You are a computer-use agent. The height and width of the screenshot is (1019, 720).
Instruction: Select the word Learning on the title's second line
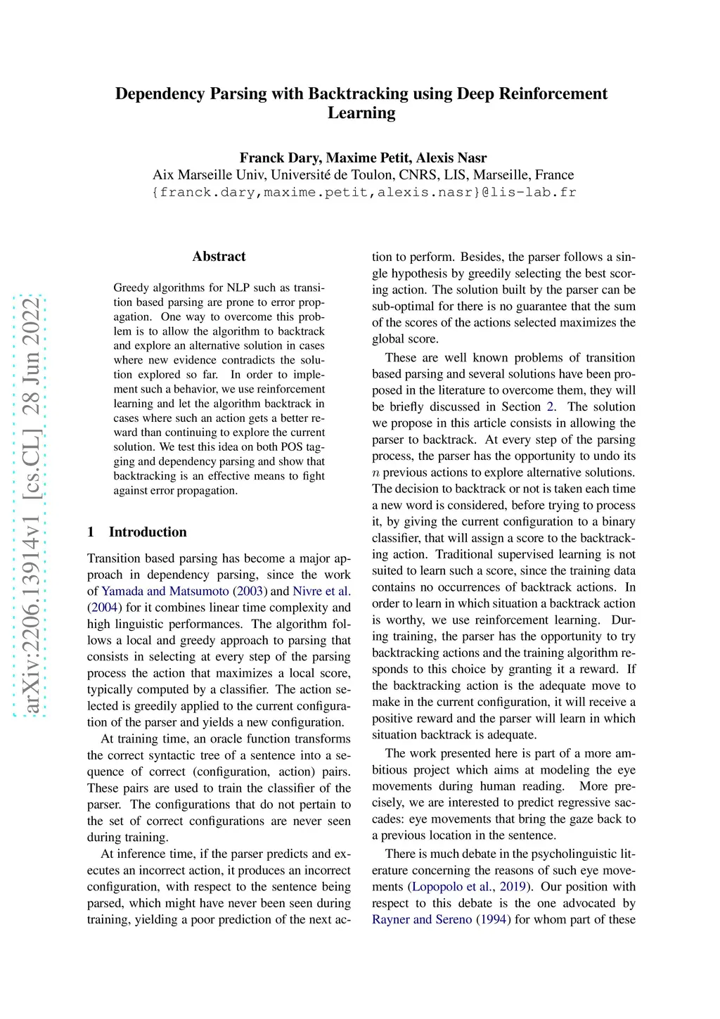361,113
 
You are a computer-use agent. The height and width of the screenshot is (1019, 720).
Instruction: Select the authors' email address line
364,192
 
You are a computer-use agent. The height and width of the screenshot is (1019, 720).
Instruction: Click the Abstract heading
219,257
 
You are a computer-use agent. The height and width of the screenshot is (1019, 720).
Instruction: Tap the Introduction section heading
148,532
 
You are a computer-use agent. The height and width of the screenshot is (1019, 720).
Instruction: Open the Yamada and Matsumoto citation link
165,591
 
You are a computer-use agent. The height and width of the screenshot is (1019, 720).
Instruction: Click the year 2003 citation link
250,591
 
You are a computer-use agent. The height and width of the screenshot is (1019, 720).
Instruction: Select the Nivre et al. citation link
321,591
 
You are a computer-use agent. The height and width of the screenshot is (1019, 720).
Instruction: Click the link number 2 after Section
550,406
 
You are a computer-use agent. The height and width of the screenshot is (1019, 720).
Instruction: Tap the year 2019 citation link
513,886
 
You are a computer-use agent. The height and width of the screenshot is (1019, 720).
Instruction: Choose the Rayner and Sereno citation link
422,919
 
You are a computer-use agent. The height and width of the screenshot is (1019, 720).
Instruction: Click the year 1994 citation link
494,919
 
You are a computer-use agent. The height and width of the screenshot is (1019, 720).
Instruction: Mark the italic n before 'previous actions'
376,473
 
